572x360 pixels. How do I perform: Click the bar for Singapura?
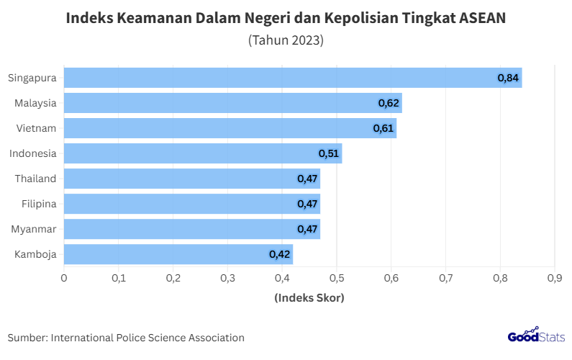pyautogui.click(x=293, y=78)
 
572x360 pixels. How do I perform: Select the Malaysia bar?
pyautogui.click(x=233, y=103)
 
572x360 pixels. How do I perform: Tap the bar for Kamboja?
pyautogui.click(x=178, y=254)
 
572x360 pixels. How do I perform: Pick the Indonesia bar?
pyautogui.click(x=203, y=153)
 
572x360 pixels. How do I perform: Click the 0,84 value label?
pyautogui.click(x=509, y=78)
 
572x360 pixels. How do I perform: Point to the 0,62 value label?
pyautogui.click(x=389, y=103)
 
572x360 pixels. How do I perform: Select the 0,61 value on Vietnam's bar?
pyautogui.click(x=383, y=128)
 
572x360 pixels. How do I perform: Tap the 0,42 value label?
pyautogui.click(x=280, y=254)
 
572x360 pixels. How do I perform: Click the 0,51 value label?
pyautogui.click(x=329, y=153)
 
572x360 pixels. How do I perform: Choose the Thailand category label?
pyautogui.click(x=35, y=179)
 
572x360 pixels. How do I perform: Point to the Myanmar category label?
pyautogui.click(x=34, y=229)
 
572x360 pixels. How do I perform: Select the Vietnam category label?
pyautogui.click(x=37, y=128)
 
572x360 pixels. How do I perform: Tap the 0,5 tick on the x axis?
pyautogui.click(x=336, y=277)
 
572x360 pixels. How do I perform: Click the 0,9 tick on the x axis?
pyautogui.click(x=554, y=277)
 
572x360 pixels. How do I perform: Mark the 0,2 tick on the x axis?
pyautogui.click(x=173, y=277)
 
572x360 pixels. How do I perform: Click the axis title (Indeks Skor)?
pyautogui.click(x=309, y=297)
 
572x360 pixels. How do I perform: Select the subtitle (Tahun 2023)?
pyautogui.click(x=286, y=40)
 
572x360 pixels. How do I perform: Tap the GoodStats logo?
pyautogui.click(x=536, y=336)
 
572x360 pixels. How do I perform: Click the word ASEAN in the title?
pyautogui.click(x=482, y=18)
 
